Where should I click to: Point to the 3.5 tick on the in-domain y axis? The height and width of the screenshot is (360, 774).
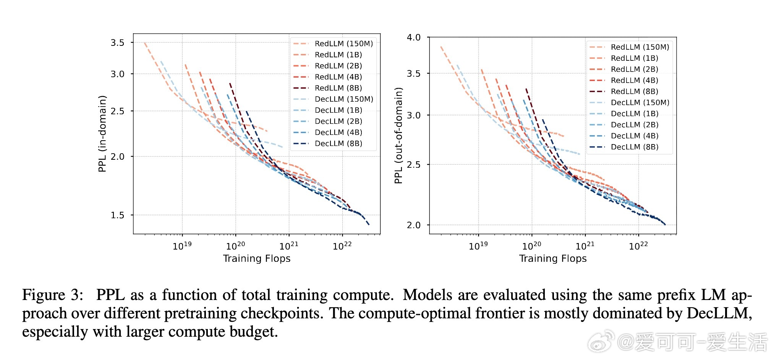118,42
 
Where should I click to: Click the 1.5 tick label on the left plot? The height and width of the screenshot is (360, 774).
118,215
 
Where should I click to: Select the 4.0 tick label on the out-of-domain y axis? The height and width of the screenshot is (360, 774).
414,37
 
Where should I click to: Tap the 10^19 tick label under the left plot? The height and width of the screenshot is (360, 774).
182,246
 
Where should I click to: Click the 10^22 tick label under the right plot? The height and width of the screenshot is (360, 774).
638,246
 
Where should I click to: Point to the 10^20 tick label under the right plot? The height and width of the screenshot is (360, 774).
532,246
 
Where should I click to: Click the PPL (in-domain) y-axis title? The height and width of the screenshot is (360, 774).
102,134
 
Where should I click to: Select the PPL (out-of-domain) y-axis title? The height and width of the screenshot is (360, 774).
398,135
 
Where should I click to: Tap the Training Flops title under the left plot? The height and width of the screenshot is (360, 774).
257,259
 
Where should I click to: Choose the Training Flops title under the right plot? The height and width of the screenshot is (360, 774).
553,259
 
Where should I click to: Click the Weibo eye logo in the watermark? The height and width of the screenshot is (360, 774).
601,341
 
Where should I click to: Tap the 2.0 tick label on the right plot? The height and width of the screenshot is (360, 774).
414,225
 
